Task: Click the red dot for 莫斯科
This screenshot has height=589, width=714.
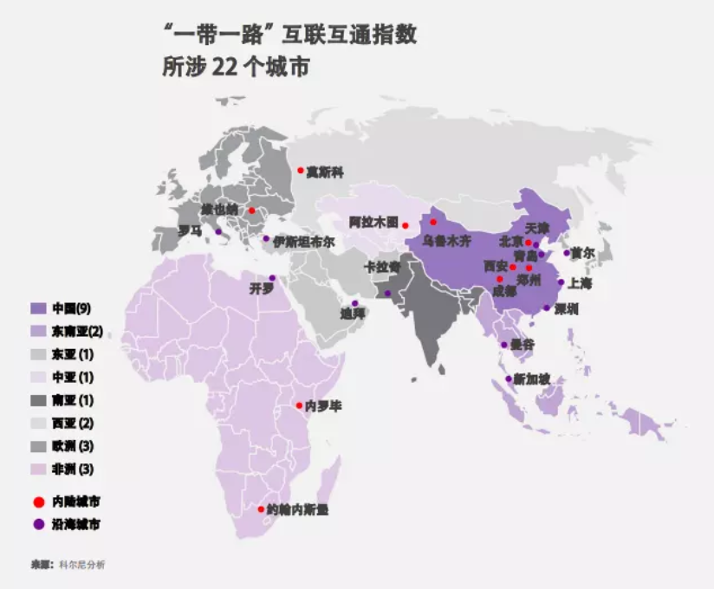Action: pyautogui.click(x=301, y=171)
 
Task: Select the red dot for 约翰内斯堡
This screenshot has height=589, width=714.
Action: pyautogui.click(x=262, y=509)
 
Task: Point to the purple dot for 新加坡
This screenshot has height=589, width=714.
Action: pyautogui.click(x=508, y=379)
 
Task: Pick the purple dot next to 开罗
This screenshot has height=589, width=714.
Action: pyautogui.click(x=272, y=278)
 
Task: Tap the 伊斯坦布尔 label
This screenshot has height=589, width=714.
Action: pyautogui.click(x=303, y=242)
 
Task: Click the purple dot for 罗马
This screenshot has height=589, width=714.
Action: pyautogui.click(x=218, y=232)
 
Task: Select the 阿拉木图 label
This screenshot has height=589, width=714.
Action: pyautogui.click(x=373, y=222)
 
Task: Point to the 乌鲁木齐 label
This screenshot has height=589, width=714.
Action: pyautogui.click(x=445, y=242)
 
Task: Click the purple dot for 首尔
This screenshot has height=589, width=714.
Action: pyautogui.click(x=567, y=253)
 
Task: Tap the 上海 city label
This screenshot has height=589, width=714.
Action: pyautogui.click(x=580, y=282)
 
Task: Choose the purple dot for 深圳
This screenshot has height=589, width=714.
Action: pyautogui.click(x=546, y=308)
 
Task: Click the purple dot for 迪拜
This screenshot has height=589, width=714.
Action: pyautogui.click(x=354, y=303)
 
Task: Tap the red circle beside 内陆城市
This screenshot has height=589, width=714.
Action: pyautogui.click(x=38, y=502)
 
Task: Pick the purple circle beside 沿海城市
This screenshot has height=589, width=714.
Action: pyautogui.click(x=38, y=524)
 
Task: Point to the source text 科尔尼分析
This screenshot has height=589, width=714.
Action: pyautogui.click(x=83, y=565)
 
